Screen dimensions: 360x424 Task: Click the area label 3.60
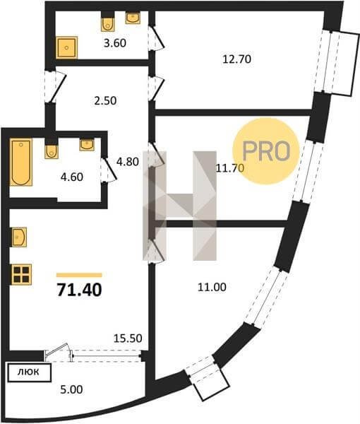coord(115,43)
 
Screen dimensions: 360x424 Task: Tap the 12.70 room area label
coord(236,59)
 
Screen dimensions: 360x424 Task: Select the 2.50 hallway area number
coord(106,100)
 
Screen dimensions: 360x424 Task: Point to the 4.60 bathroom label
coord(72,177)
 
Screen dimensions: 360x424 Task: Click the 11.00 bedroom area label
coord(212,287)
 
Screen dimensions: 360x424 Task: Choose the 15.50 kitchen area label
coord(128,338)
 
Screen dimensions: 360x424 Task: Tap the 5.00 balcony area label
coord(71,389)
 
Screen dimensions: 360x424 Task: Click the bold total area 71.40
coord(79,290)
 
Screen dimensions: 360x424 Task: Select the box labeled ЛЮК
coord(29,372)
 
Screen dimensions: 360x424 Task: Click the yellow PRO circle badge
coord(266,151)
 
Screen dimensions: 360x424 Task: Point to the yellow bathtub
coord(21,163)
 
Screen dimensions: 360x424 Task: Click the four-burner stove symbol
coord(22,274)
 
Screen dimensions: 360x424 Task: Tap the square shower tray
coord(67,48)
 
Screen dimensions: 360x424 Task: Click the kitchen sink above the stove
coord(19,237)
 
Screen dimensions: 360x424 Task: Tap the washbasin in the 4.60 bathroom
coord(87,144)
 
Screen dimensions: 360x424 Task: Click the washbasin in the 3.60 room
coord(133,18)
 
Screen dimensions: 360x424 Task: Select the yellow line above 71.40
coord(79,276)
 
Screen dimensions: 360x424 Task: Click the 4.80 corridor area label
coord(128,162)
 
